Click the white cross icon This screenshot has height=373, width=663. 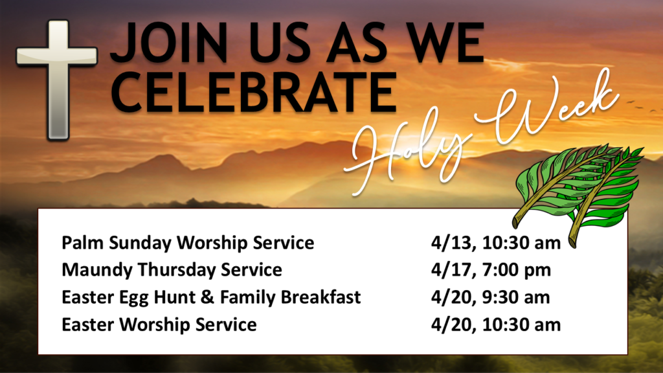(58, 80)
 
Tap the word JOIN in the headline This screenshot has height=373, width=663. (169, 43)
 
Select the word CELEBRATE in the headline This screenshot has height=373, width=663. (254, 93)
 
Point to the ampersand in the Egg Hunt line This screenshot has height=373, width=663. (207, 297)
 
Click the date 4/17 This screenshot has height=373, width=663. (451, 270)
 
